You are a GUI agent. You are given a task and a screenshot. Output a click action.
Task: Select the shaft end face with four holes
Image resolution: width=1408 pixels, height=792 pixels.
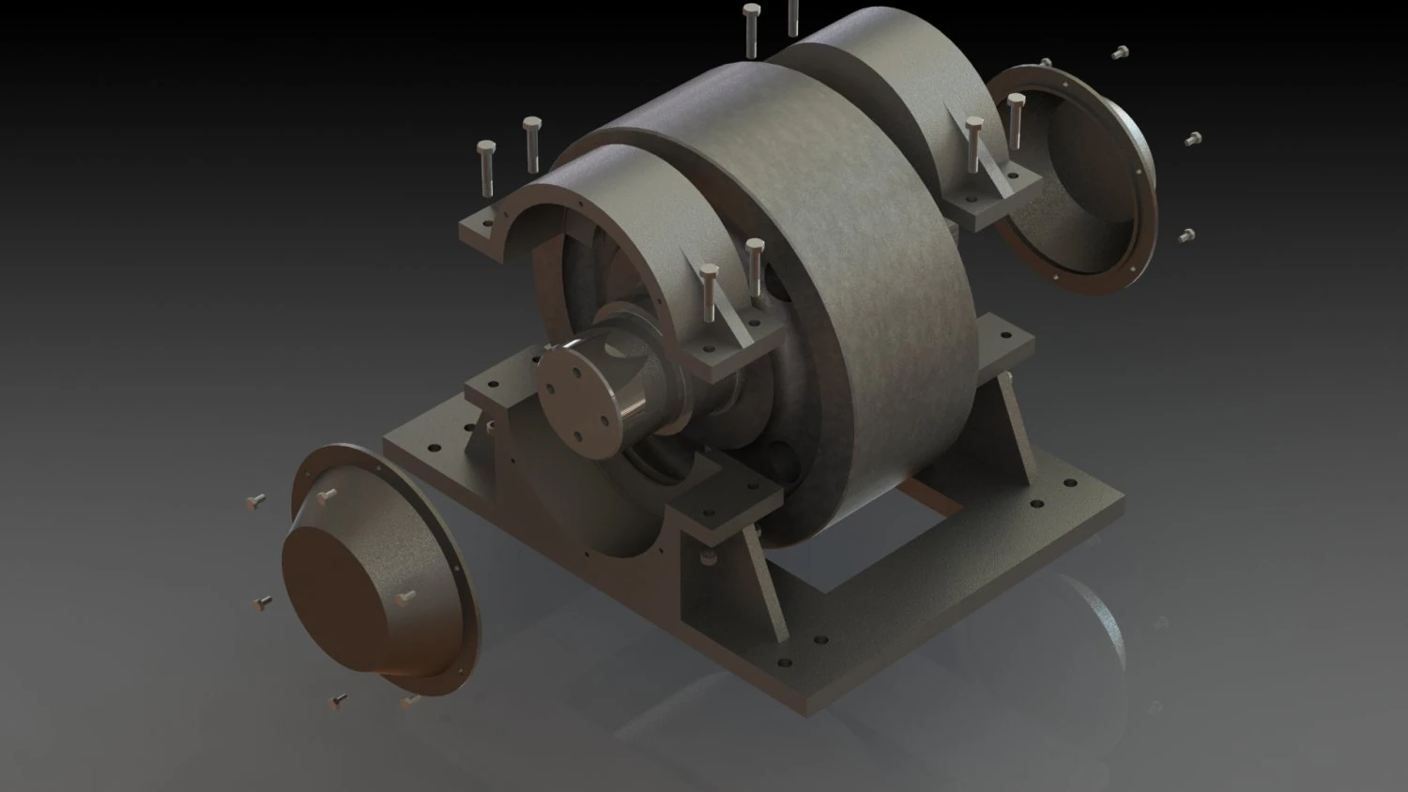point(575,393)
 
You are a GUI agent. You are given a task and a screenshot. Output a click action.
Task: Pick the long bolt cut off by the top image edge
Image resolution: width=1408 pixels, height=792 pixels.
point(793,17)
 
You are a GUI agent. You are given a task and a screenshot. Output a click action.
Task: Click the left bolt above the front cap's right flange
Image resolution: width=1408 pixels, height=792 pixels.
point(709,291)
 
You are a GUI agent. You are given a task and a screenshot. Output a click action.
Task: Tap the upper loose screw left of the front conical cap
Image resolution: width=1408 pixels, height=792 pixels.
point(255,502)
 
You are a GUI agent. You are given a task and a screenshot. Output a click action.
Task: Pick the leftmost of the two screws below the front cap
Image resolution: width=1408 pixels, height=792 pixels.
point(339,700)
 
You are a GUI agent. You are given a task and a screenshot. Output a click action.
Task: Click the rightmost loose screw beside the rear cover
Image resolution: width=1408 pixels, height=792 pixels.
point(1191,139)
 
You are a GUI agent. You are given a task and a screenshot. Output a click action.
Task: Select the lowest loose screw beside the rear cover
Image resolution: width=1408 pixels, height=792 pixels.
point(1186,235)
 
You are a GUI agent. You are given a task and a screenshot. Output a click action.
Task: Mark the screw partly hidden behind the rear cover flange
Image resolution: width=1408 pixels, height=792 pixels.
point(1047,64)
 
